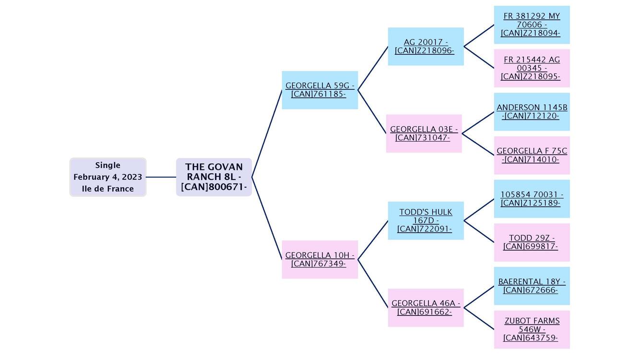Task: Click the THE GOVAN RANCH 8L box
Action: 214,177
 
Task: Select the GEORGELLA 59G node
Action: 320,90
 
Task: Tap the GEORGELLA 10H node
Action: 320,259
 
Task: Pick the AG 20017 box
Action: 426,47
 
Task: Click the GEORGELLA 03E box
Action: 424,133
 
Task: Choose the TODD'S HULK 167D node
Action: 426,220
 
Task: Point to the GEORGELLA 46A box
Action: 426,308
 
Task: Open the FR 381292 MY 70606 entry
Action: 532,24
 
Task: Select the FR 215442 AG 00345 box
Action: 532,68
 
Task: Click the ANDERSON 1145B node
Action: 532,112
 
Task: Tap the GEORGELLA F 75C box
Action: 532,155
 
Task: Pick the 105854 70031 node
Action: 532,199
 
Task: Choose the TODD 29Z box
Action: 532,242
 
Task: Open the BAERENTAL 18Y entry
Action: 532,286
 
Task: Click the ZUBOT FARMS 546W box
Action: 532,329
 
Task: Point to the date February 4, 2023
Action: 108,177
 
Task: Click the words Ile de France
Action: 108,189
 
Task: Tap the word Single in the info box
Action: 108,165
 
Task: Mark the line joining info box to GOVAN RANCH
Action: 161,177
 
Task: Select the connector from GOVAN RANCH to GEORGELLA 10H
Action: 267,218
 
